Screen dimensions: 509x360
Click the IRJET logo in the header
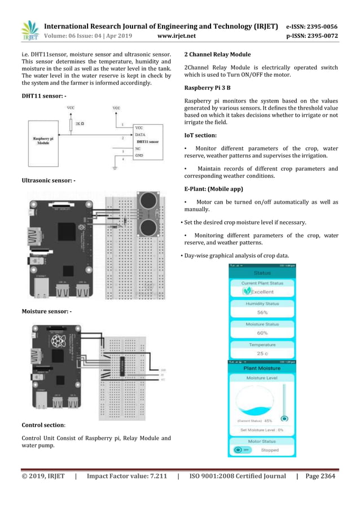pyautogui.click(x=29, y=30)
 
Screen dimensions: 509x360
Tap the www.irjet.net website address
pyautogui.click(x=177, y=36)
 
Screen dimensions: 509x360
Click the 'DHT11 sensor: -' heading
pyautogui.click(x=43, y=96)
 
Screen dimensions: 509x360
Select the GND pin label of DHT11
pyautogui.click(x=139, y=155)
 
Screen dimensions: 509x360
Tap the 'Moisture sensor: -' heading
pyautogui.click(x=46, y=311)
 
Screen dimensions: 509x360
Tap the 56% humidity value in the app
pyautogui.click(x=262, y=312)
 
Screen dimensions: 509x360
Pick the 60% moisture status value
pyautogui.click(x=262, y=333)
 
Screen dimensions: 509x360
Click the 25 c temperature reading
pyautogui.click(x=262, y=353)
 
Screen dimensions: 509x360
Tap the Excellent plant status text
pyautogui.click(x=262, y=292)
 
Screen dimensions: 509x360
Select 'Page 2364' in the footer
pyautogui.click(x=320, y=476)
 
